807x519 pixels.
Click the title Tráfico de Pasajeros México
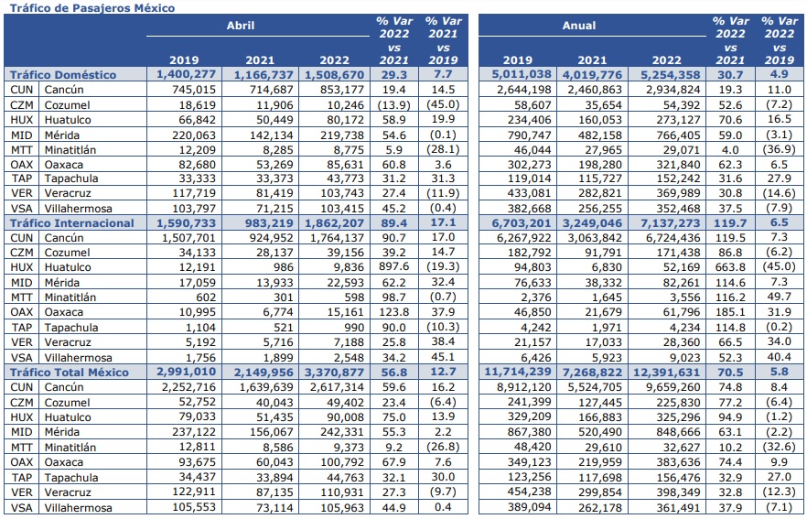point(92,7)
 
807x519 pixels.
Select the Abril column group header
point(241,26)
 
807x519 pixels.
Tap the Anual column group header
point(579,26)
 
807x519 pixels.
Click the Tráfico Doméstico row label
point(63,75)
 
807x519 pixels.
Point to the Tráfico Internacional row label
point(71,223)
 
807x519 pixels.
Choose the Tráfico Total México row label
point(69,373)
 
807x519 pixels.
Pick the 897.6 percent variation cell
point(394,267)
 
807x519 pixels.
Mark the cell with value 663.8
point(730,267)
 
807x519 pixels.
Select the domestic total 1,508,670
point(334,75)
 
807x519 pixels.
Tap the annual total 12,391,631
point(666,373)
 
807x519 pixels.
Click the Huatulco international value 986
point(283,267)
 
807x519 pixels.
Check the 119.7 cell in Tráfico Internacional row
point(730,223)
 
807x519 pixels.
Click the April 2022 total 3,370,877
point(334,373)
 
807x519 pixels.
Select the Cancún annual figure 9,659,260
point(673,387)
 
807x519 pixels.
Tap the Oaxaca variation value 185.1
point(730,312)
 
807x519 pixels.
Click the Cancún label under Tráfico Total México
point(64,387)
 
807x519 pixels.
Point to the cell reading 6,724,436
point(673,238)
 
